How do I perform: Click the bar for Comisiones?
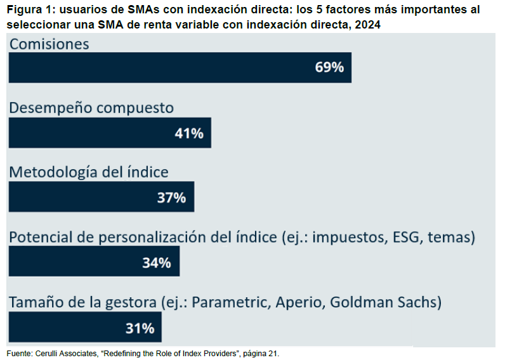[180, 67]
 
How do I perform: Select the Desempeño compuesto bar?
[109, 132]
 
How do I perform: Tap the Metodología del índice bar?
[101, 197]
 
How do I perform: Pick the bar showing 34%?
[94, 262]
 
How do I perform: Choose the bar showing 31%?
[85, 327]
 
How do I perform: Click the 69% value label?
[329, 67]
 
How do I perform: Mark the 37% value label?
[171, 197]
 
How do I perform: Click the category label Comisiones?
[49, 44]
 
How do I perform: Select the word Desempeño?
[50, 108]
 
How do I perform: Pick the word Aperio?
[301, 303]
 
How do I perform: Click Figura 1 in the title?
[28, 10]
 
